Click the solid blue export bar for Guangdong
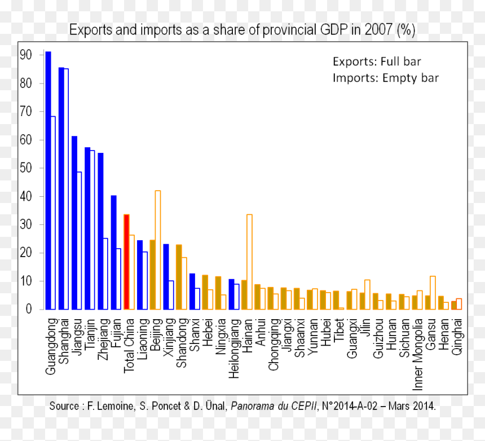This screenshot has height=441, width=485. coord(48,180)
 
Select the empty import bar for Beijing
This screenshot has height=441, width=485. coord(158,250)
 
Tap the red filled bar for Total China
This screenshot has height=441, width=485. coord(126,262)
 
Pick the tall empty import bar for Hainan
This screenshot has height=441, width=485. coord(249,262)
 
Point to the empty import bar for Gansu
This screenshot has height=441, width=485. coord(433,293)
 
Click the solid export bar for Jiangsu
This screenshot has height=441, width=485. coord(74,223)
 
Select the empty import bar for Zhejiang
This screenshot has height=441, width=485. coord(105,274)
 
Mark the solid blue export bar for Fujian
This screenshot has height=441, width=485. coord(113,252)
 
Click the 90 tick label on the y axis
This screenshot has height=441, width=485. coord(26,55)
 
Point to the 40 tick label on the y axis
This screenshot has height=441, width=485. coord(26,196)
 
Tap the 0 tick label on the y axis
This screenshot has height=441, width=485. coord(29,309)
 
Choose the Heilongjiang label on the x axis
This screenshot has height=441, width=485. coord(234,349)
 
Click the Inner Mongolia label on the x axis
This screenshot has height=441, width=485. coord(418,354)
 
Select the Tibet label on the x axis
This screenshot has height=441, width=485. coord(339,330)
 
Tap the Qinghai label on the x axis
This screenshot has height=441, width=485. coord(457,337)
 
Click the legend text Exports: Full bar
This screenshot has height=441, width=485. coord(377,61)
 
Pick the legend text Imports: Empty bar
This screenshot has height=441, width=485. coord(386,78)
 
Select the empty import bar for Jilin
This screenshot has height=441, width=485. coord(367,294)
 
